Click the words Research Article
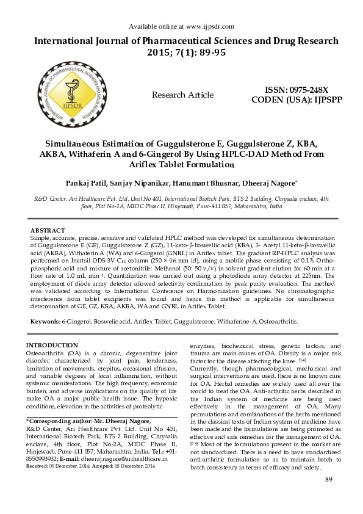(x=182, y=95)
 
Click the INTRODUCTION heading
(x=57, y=346)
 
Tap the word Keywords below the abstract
(x=45, y=320)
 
